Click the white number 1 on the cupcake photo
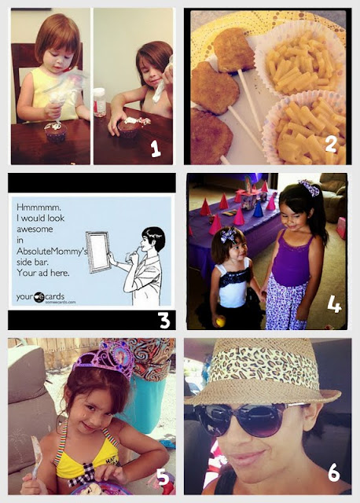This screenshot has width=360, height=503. [156, 149]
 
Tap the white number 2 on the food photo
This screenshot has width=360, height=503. [330, 145]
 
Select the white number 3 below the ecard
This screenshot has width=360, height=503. [164, 320]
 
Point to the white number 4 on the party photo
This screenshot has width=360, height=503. [334, 304]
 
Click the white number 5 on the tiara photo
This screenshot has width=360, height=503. [163, 477]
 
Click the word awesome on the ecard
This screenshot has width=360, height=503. [35, 229]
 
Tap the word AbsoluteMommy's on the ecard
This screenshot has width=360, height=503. [52, 251]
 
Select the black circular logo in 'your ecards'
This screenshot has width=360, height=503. [39, 297]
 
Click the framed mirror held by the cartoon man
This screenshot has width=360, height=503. [97, 251]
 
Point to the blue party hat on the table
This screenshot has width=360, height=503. [258, 209]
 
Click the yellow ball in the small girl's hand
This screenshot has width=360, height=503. [220, 321]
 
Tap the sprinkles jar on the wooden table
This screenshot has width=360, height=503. [100, 102]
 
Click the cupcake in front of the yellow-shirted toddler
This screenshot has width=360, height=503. [56, 131]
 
